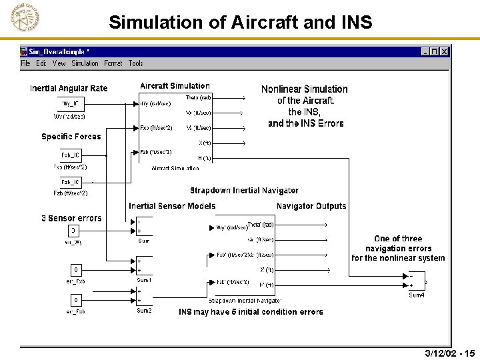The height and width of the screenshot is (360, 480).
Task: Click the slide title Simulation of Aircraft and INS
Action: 240,22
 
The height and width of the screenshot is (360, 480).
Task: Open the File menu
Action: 25,63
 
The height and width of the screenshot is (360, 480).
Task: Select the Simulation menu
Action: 85,63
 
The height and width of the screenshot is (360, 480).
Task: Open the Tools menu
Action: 135,63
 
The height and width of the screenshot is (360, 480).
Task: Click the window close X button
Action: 445,51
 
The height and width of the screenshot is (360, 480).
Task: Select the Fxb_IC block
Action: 70,155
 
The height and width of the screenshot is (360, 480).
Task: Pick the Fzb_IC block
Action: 70,182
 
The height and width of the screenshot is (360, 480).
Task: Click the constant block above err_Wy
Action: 74,231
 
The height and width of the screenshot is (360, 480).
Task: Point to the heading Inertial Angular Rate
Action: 69,89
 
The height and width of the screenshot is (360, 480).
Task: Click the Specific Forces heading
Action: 71,137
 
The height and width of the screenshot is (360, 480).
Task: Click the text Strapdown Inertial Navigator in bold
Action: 244,191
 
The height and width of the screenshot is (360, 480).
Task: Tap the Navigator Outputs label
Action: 311,206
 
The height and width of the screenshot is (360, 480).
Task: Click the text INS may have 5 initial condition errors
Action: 251,311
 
